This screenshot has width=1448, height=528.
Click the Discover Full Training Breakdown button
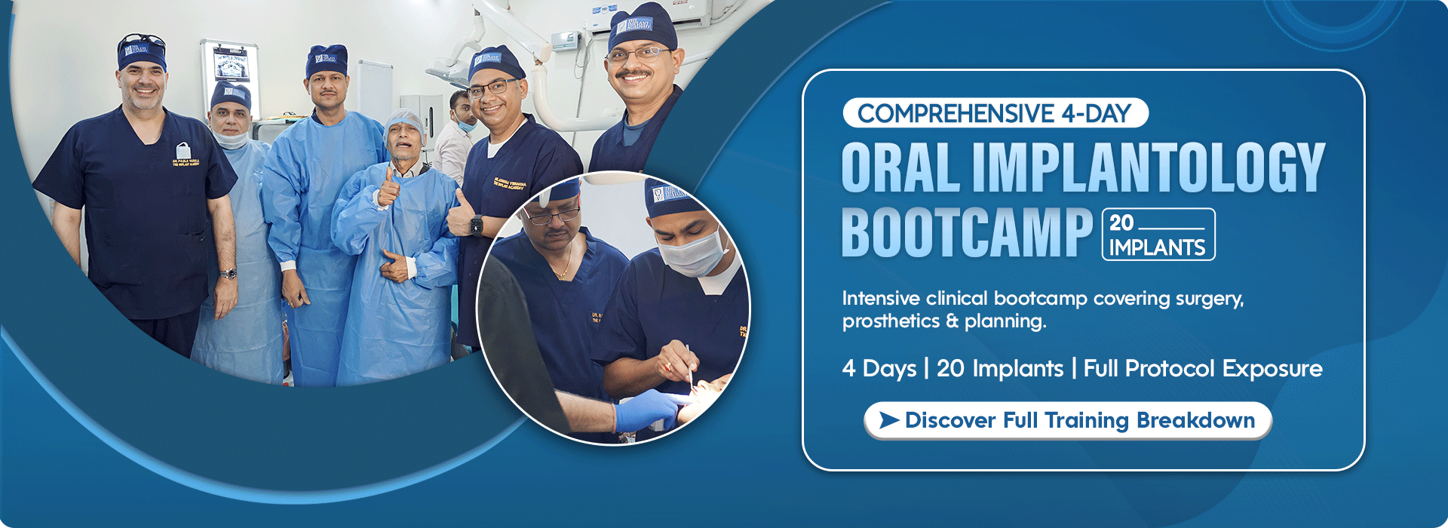pos(1067,420)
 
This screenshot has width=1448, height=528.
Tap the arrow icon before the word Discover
pos(889,420)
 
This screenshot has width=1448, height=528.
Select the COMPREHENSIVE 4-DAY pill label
pos(995,113)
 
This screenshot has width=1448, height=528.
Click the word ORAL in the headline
pos(900,167)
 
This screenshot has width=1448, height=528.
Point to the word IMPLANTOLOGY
pos(1148,167)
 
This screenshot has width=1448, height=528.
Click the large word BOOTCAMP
pos(966,233)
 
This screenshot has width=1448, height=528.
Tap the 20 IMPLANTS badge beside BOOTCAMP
pos(1158,235)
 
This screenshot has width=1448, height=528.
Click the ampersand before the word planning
pos(952,321)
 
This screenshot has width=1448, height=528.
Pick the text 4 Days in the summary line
pos(879,369)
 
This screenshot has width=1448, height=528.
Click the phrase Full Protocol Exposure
pos(1202,369)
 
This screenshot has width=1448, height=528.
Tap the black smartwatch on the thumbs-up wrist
pos(477,225)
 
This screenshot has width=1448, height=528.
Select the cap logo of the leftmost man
pos(137,50)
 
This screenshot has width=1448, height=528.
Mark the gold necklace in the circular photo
pos(562,272)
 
